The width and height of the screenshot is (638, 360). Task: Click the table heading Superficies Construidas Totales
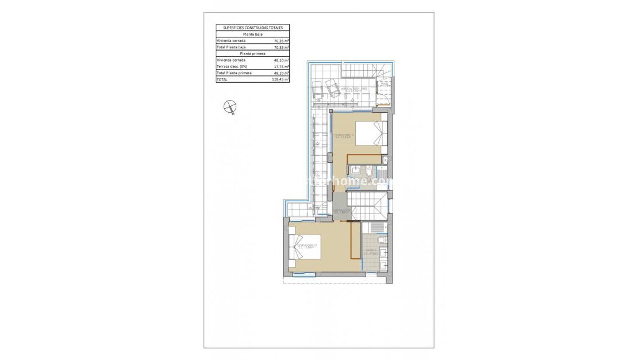252,28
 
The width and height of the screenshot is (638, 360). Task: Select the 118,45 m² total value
280,80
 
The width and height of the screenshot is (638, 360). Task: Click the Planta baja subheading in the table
252,35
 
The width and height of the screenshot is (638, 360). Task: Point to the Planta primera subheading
252,54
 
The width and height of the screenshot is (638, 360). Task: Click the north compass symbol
230,106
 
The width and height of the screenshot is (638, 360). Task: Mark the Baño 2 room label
370,251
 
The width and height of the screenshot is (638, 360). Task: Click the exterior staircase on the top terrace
360,72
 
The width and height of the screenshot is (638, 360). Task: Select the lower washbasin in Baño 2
383,265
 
